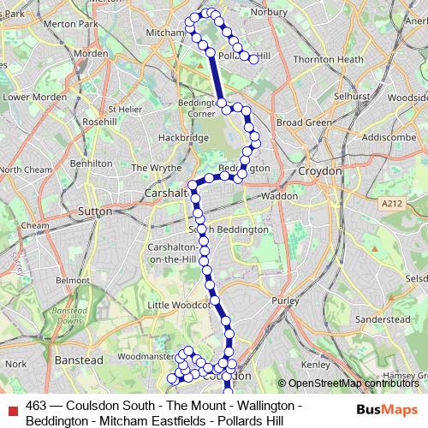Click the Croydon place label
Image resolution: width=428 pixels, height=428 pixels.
[320, 171]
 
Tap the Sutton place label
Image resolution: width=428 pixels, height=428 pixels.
[94, 210]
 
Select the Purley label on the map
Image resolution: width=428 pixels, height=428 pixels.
[283, 300]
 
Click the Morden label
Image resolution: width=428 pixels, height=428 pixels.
[91, 53]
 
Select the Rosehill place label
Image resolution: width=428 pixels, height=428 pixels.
[99, 122]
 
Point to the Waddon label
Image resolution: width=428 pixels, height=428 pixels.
[280, 196]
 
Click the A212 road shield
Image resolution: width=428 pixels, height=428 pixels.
[391, 203]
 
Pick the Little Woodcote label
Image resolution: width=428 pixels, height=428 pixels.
[178, 304]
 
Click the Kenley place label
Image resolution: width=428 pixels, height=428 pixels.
[316, 364]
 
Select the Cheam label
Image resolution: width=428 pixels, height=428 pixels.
[35, 225]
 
